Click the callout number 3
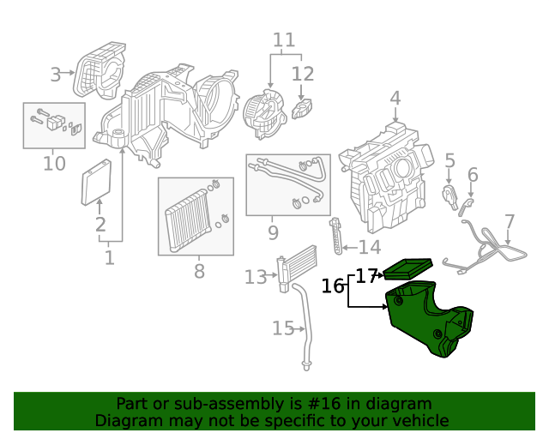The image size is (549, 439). (56, 75)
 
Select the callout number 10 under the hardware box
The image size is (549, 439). (54, 162)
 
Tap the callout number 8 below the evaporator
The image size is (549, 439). (199, 272)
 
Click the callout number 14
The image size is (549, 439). (369, 248)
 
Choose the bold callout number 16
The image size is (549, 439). (333, 286)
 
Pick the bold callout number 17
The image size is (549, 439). (366, 276)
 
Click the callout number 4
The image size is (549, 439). (395, 99)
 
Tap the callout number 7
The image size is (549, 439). (510, 221)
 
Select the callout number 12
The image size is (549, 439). (303, 73)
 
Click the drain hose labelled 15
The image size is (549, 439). (303, 326)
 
